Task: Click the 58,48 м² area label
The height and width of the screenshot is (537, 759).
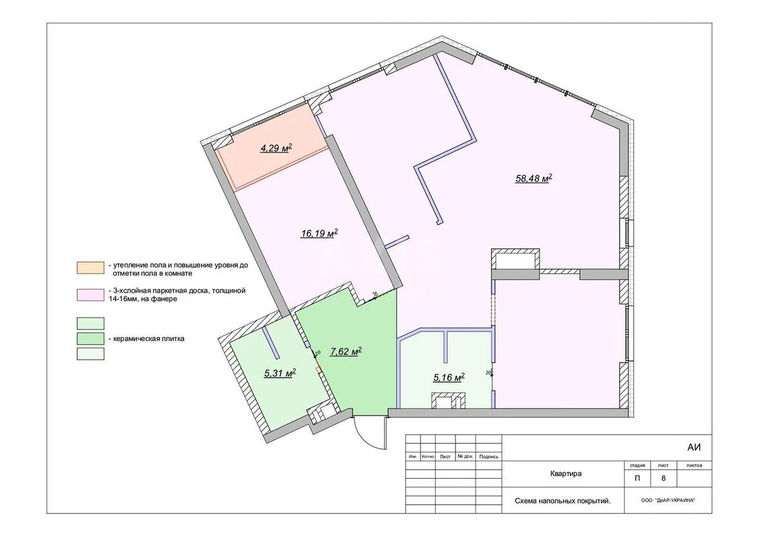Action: point(534,178)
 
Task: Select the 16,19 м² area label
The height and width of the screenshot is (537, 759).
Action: point(319,233)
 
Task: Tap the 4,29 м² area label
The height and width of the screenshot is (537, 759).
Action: point(276,149)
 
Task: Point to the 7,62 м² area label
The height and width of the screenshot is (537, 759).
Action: point(345,352)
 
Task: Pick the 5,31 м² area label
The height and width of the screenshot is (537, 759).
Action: point(280,373)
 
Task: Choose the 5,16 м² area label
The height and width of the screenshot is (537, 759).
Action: point(448,378)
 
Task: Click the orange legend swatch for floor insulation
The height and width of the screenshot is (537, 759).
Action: point(91,267)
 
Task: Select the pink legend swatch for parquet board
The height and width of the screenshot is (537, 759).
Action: point(91,293)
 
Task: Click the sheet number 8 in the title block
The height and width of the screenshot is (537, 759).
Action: point(663,478)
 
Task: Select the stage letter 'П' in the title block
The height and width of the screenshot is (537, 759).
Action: point(636,478)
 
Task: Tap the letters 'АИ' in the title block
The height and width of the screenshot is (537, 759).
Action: point(694,447)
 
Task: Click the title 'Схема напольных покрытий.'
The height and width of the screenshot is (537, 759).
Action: point(562,501)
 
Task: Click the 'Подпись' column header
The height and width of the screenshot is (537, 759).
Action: point(489,456)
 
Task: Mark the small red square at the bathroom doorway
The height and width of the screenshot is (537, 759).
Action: point(319,367)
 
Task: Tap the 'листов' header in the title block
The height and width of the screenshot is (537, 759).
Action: point(694,465)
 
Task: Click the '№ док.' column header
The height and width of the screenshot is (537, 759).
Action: point(466,456)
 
